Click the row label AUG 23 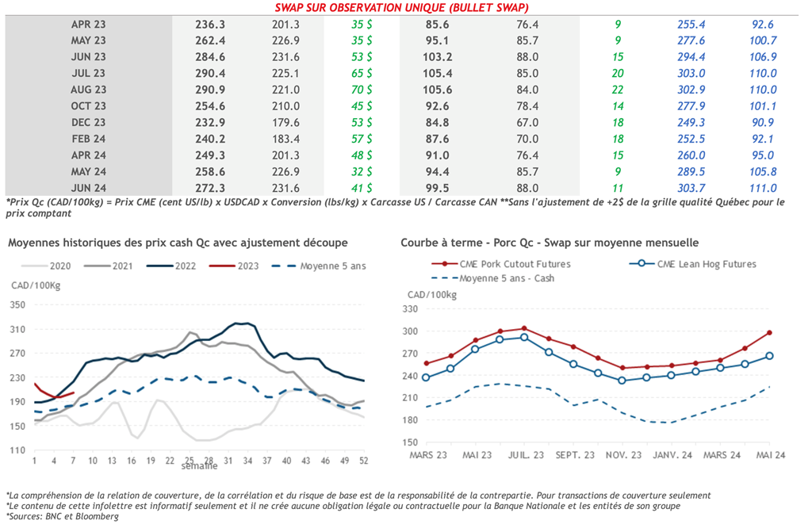tap(88, 90)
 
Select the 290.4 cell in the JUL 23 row tap(210, 73)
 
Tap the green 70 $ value tap(363, 90)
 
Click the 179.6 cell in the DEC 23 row tap(285, 123)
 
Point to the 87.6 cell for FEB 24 tap(437, 139)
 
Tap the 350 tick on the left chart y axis tap(17, 304)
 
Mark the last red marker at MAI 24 tap(769, 333)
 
